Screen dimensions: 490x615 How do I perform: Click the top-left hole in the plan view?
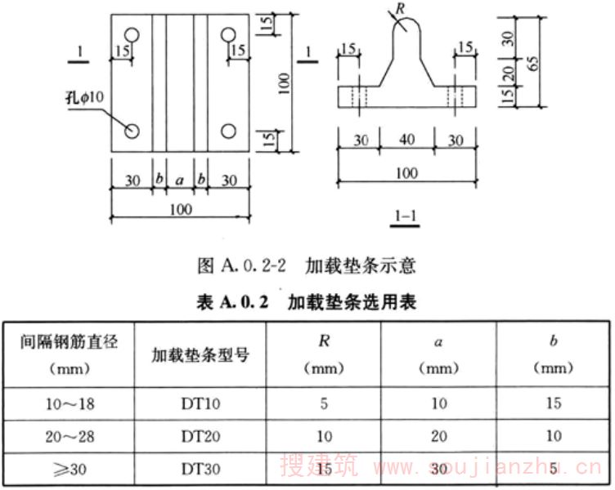133,34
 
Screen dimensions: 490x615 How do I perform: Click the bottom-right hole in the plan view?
229,131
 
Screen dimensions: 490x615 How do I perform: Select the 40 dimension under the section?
406,139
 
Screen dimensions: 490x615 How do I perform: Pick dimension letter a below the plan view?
180,177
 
